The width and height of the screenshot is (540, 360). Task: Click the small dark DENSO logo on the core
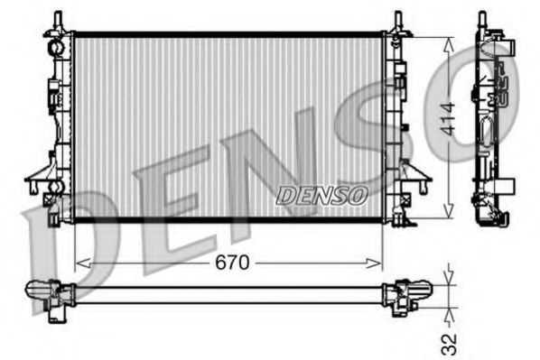coord(321,193)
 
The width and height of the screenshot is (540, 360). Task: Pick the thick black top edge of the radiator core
coord(226,35)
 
